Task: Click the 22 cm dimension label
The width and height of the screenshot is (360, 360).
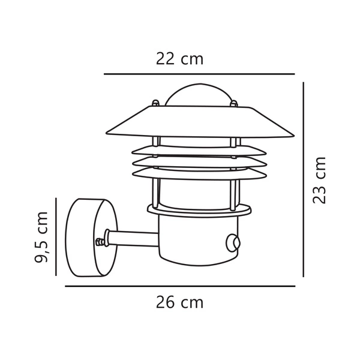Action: click(179, 59)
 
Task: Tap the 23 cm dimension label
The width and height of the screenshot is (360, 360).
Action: click(320, 180)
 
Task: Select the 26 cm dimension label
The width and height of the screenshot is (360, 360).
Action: click(181, 302)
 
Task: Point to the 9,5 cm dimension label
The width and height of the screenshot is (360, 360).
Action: click(42, 237)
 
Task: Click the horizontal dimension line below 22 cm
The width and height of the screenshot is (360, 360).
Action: click(199, 74)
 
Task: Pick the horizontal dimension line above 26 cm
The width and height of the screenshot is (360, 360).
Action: click(180, 286)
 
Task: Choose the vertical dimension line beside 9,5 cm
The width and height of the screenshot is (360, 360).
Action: click(56, 237)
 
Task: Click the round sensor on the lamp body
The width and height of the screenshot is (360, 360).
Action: click(232, 243)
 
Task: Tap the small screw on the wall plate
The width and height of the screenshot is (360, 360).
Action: click(100, 242)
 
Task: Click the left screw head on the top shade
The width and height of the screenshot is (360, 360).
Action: click(155, 104)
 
